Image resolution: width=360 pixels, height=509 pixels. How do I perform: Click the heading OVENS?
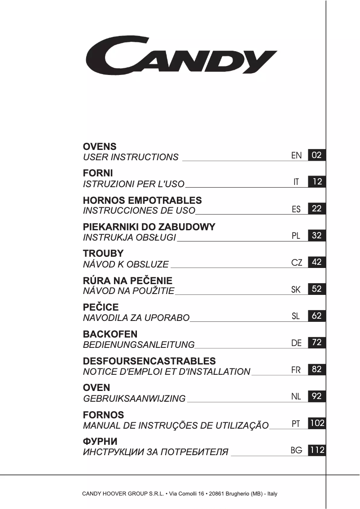point(100,146)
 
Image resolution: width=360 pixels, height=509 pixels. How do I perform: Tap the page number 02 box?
point(317,155)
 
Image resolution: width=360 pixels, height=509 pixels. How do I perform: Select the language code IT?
point(296,182)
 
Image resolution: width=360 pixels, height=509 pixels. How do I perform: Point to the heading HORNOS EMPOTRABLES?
point(142,200)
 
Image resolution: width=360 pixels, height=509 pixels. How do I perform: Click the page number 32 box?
point(317,235)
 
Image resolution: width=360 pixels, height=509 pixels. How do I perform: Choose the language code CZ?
point(297,262)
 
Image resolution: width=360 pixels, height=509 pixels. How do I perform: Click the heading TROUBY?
point(103,254)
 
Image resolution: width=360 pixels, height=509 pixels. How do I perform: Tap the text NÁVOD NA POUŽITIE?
point(129,291)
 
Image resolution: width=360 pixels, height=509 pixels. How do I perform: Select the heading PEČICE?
point(101,307)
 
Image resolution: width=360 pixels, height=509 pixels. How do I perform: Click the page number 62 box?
point(317,316)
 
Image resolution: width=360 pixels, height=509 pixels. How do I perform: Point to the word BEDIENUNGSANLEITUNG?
point(139,345)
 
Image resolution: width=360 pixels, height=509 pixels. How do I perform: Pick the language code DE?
point(296,343)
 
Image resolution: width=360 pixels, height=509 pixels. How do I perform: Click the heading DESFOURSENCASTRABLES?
point(149,361)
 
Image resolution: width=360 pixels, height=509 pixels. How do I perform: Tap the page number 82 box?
point(317,369)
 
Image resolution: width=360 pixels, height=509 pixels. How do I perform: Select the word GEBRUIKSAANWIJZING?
point(134,398)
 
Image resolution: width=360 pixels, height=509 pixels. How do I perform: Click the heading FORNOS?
point(103,415)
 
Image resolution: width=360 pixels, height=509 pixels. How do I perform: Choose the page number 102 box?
point(317,423)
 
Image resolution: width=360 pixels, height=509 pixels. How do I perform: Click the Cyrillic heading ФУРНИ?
point(100,442)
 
